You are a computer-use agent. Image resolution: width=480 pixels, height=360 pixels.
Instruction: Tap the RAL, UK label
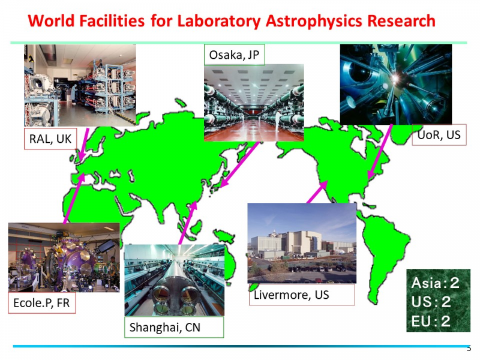pyautogui.click(x=50, y=139)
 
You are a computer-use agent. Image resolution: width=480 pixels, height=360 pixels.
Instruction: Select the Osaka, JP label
pyautogui.click(x=234, y=55)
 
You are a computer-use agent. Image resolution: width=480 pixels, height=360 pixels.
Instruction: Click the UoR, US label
pyautogui.click(x=439, y=134)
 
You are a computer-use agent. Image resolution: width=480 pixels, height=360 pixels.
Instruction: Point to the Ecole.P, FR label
pyautogui.click(x=42, y=303)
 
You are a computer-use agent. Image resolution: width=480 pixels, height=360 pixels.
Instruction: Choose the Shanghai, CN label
pyautogui.click(x=174, y=327)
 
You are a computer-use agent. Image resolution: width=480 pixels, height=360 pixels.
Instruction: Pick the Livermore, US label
pyautogui.click(x=302, y=295)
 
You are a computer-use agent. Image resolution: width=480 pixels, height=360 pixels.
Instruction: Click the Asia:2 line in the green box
pyautogui.click(x=436, y=283)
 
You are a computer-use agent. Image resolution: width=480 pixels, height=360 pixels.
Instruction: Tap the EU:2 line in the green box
pyautogui.click(x=431, y=321)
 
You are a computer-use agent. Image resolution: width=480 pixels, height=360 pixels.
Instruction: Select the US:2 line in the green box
pyautogui.click(x=431, y=302)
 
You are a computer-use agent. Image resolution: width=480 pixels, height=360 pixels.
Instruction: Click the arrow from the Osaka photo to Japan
pyautogui.click(x=239, y=164)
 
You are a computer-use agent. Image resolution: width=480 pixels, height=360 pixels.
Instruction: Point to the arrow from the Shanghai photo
pyautogui.click(x=188, y=223)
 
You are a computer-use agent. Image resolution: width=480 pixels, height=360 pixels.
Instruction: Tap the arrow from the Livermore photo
pyautogui.click(x=317, y=191)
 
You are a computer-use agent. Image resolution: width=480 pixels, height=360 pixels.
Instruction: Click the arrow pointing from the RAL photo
pyautogui.click(x=83, y=144)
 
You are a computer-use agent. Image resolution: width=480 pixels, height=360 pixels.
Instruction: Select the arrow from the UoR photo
pyautogui.click(x=380, y=152)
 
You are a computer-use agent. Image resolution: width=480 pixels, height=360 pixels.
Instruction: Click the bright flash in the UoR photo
pyautogui.click(x=395, y=79)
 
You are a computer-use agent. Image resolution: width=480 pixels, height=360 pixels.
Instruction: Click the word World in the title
pyautogui.click(x=52, y=21)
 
